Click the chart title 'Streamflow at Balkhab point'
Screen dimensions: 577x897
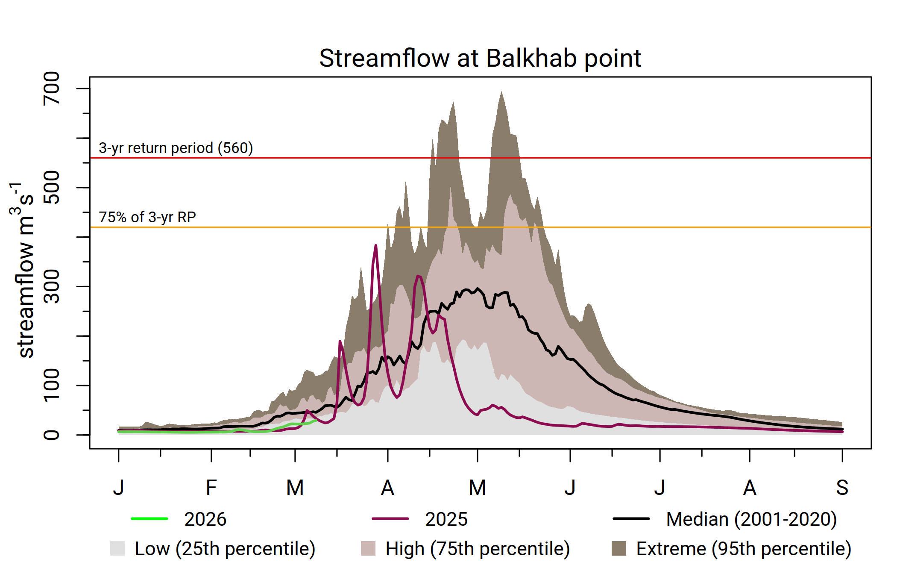coord(480,58)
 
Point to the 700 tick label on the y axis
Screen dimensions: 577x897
coord(52,88)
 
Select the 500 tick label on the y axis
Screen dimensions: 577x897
coord(52,187)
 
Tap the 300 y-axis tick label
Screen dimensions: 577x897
coord(52,286)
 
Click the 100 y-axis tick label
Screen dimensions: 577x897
coord(52,385)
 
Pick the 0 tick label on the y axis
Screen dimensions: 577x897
coord(52,435)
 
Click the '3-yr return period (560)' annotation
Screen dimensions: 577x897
coord(176,148)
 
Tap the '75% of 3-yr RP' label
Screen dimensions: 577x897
coord(147,217)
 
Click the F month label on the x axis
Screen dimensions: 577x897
coord(211,488)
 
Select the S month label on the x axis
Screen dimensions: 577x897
coord(842,488)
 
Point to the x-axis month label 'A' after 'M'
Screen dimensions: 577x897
coord(387,488)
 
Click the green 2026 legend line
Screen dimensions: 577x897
coord(149,519)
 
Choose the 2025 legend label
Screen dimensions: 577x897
coord(446,519)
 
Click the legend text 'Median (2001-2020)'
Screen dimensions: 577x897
coord(751,519)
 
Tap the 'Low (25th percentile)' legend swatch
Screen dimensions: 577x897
coord(117,548)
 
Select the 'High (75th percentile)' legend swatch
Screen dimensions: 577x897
coord(368,548)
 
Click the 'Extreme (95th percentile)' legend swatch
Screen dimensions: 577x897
coord(619,548)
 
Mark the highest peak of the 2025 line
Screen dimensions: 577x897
coord(376,245)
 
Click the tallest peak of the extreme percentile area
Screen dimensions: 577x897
coord(501,92)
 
